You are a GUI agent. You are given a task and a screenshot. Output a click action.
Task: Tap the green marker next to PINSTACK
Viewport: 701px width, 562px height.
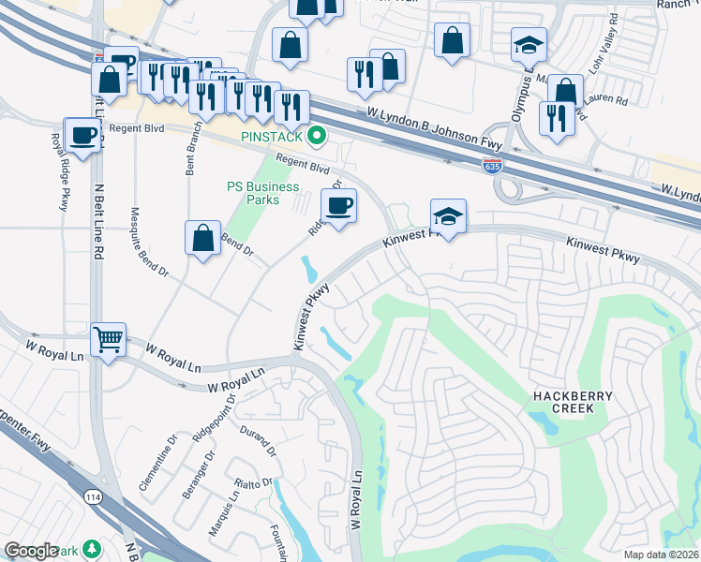point(317,137)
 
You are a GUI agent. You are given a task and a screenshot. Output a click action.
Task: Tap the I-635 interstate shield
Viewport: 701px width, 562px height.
point(492,167)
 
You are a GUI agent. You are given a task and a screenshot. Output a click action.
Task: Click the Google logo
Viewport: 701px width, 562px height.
point(32,551)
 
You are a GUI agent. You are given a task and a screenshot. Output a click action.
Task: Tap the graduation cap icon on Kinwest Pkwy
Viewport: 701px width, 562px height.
point(449,216)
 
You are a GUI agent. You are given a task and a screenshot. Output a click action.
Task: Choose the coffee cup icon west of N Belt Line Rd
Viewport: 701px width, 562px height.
point(82,135)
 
